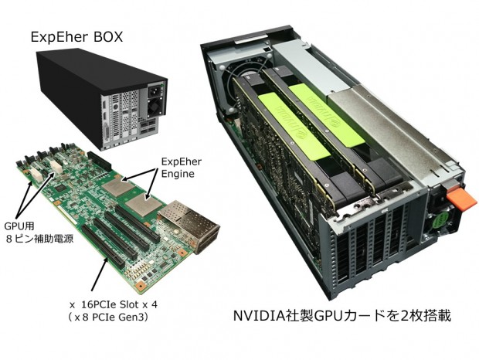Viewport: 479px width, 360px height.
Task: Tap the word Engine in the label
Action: point(178,174)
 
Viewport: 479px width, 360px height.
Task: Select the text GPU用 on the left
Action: point(19,226)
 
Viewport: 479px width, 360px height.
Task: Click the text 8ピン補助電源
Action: point(39,239)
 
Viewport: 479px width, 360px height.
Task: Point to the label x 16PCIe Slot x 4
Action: point(114,304)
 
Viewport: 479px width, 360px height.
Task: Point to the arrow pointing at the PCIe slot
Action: point(100,273)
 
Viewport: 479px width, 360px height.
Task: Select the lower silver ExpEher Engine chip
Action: point(143,204)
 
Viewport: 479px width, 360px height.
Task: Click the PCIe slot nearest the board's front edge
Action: point(103,246)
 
